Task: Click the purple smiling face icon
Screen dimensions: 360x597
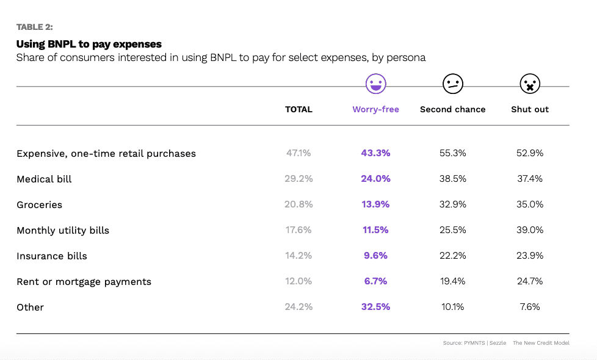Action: click(x=375, y=84)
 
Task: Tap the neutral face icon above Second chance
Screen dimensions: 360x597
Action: click(x=452, y=84)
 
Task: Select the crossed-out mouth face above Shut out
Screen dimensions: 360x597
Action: click(x=530, y=84)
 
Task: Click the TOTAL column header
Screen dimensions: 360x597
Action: click(x=298, y=110)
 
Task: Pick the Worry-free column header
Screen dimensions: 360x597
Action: click(x=375, y=110)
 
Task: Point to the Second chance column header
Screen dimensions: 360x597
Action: click(x=452, y=110)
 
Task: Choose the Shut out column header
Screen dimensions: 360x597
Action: click(x=530, y=110)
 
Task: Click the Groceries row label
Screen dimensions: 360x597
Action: click(x=39, y=205)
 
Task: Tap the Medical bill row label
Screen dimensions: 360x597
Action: click(x=44, y=179)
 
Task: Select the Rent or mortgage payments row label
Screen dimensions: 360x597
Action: click(x=84, y=282)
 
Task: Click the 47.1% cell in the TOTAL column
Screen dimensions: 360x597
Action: click(x=298, y=153)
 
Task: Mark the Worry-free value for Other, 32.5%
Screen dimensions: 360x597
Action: click(x=375, y=307)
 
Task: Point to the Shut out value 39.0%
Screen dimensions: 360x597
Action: click(x=530, y=230)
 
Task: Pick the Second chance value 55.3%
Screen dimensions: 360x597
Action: click(x=452, y=153)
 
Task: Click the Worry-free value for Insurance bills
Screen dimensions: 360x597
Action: click(x=375, y=256)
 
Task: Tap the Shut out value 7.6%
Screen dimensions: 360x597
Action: click(x=530, y=307)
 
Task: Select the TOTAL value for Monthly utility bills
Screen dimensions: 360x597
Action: click(x=298, y=230)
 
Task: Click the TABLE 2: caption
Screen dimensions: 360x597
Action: click(x=35, y=27)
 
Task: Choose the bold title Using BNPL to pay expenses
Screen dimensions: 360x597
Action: click(x=89, y=44)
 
